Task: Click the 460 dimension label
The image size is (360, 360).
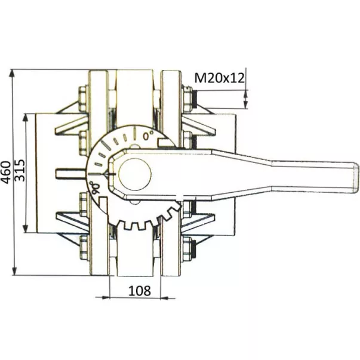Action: [6, 173]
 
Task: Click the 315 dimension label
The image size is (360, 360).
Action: [20, 170]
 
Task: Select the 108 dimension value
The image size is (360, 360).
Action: [140, 291]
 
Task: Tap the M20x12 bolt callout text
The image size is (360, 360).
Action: [220, 78]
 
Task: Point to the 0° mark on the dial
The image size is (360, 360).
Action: [148, 136]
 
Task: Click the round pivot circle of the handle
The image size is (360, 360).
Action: [135, 174]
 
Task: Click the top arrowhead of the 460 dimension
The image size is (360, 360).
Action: [13, 74]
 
